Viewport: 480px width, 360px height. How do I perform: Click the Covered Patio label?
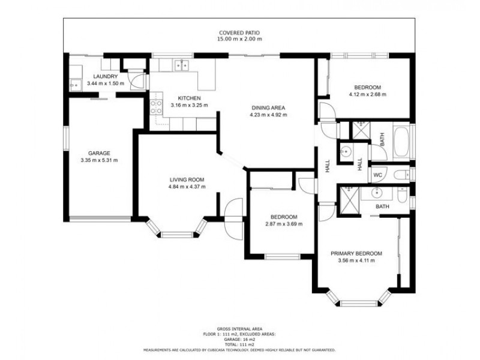pos(239,33)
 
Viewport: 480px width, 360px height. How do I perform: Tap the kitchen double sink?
pos(182,66)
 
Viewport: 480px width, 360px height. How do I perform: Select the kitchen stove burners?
pos(156,107)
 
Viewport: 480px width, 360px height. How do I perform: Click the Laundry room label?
pos(106,77)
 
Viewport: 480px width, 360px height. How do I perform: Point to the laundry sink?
pos(76,85)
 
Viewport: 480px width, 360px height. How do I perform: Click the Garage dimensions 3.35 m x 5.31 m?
pos(99,160)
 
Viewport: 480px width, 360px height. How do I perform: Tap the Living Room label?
pos(187,179)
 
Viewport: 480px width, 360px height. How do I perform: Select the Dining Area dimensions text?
pos(268,115)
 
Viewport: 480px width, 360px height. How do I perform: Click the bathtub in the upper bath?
pos(401,141)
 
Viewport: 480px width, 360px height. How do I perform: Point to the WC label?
pos(378,175)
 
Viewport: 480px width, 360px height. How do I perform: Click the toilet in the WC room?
pos(401,175)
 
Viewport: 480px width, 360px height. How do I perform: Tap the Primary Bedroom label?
pos(356,253)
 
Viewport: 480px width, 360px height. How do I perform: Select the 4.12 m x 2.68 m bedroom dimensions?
pos(368,94)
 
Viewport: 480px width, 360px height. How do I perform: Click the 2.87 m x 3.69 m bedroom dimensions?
pos(284,224)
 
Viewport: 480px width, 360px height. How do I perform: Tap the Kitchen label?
pos(189,98)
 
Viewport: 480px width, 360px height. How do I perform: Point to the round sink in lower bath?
pos(377,193)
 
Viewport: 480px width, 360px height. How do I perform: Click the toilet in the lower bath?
pos(402,195)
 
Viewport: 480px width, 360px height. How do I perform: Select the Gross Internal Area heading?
pos(239,329)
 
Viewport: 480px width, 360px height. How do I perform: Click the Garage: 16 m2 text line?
pos(239,340)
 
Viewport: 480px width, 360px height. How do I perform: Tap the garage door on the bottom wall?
pos(100,218)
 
